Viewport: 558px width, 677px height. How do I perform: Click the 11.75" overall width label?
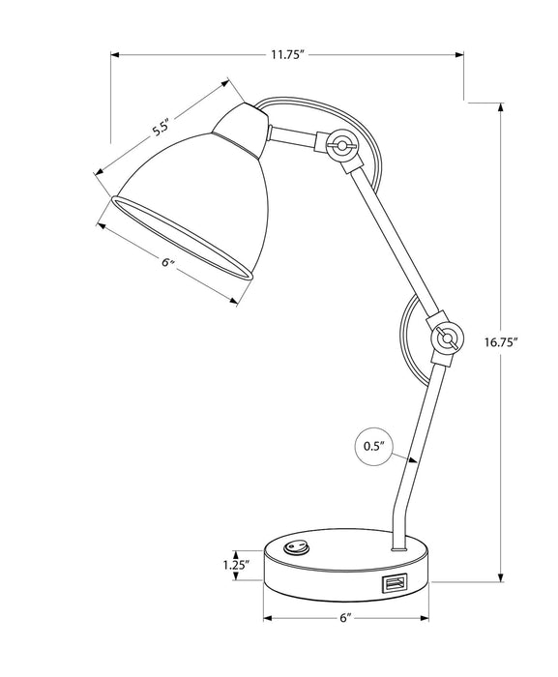click(286, 55)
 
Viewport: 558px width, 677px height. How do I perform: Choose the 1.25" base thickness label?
click(235, 565)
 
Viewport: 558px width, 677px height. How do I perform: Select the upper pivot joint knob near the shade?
click(340, 146)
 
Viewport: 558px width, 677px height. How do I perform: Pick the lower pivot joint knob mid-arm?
click(445, 338)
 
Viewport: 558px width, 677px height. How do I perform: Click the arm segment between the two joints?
click(393, 242)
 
